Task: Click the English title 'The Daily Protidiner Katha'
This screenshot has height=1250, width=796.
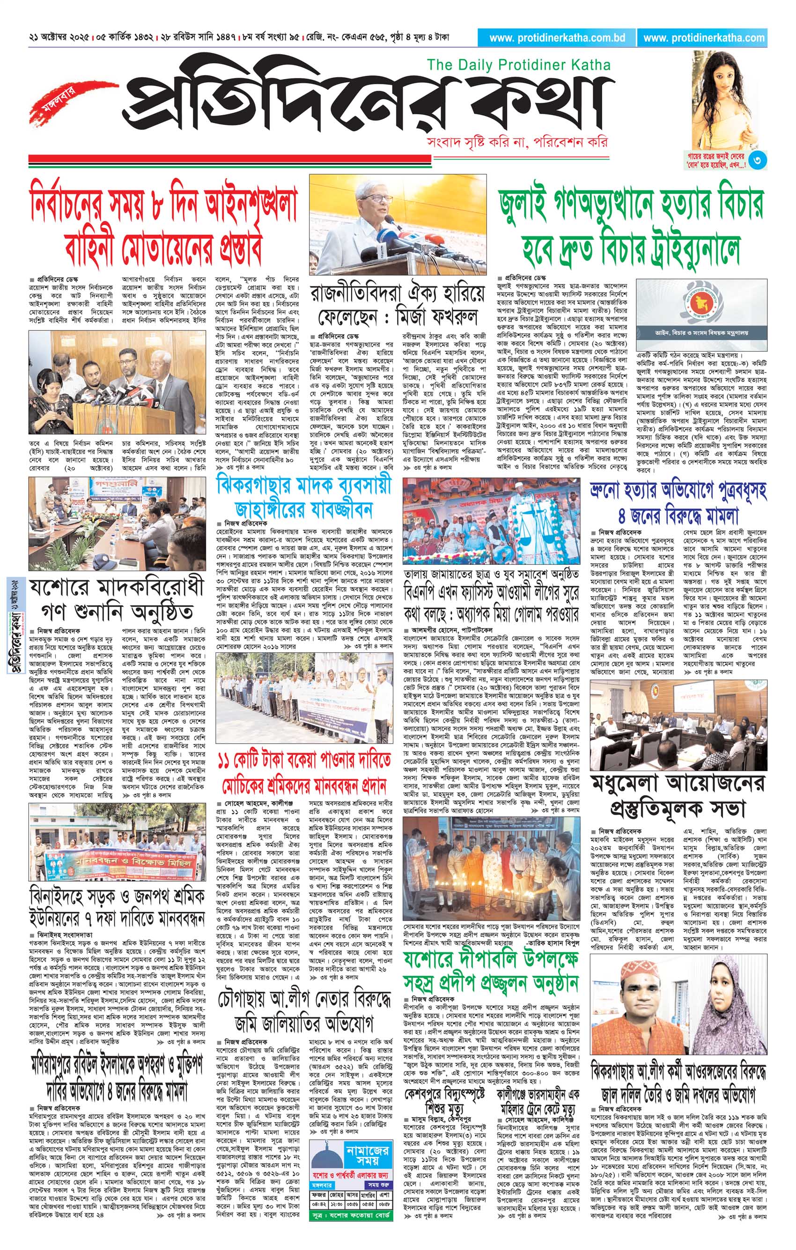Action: pos(518,65)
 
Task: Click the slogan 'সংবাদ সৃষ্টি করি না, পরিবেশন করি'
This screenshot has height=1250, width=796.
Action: pos(516,141)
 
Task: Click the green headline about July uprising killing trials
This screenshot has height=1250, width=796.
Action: pos(630,227)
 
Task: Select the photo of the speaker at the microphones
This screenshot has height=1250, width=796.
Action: pos(398,225)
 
